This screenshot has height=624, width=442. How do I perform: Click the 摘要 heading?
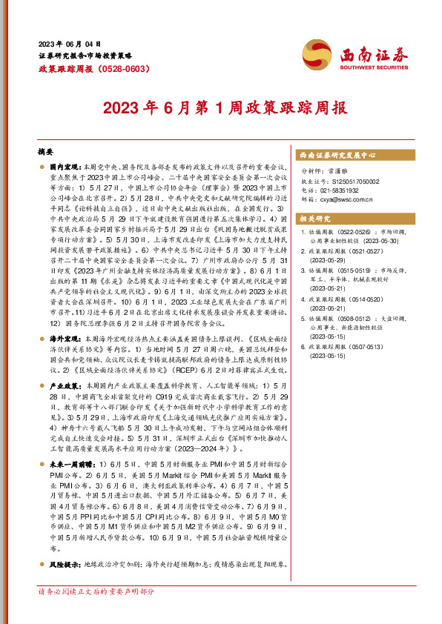click(x=47, y=150)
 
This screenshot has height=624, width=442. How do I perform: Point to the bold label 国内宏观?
click(x=65, y=168)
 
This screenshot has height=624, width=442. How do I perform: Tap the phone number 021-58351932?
click(x=340, y=190)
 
